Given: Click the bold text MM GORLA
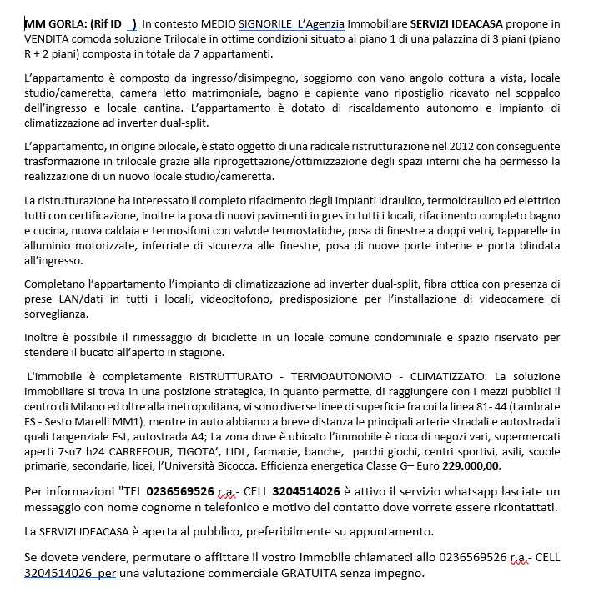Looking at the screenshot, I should pyautogui.click(x=53, y=23).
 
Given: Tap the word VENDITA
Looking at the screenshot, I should pyautogui.click(x=48, y=38).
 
